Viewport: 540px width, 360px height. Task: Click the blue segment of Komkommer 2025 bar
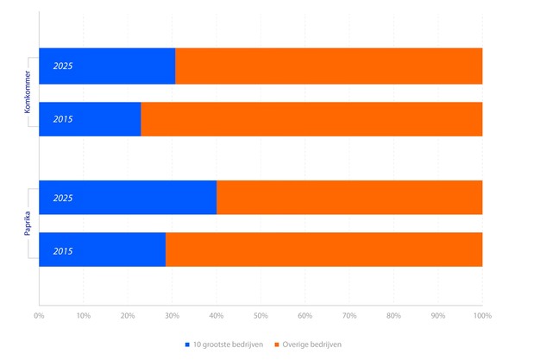coord(121,66)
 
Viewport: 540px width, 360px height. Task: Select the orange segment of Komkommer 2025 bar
coord(328,66)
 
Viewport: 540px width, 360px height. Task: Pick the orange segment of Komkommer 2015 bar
coord(311,119)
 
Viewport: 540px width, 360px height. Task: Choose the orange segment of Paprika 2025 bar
coord(349,198)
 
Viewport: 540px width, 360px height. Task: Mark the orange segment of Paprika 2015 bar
coord(323,249)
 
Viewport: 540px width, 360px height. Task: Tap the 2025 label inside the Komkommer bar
coord(63,66)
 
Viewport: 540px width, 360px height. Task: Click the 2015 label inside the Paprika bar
coord(63,250)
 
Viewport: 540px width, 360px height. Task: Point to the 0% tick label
coord(39,316)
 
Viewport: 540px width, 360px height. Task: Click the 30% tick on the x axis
coord(172,316)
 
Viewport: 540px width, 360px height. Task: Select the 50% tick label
coord(261,316)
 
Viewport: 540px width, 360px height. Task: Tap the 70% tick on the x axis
coord(349,316)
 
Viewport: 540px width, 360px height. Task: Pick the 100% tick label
coord(481,316)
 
